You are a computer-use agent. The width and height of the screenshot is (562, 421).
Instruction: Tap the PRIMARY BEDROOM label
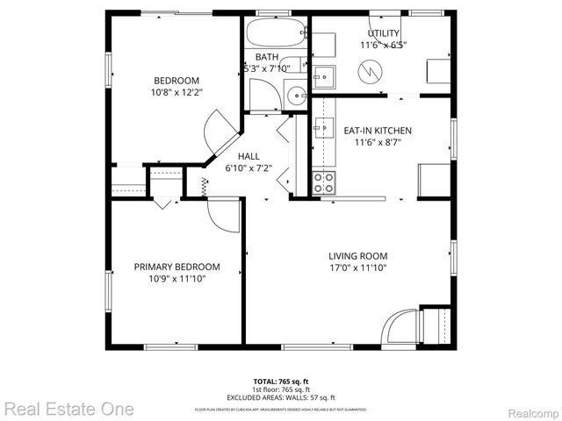click(177, 267)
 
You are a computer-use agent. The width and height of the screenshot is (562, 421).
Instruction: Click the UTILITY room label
click(383, 33)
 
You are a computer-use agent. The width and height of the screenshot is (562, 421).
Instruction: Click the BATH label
click(267, 57)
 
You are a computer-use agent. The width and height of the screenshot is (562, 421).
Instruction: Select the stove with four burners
click(324, 182)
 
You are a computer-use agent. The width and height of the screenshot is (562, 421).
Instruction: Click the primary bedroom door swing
click(224, 215)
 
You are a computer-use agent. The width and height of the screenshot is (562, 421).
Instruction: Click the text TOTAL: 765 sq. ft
click(281, 382)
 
